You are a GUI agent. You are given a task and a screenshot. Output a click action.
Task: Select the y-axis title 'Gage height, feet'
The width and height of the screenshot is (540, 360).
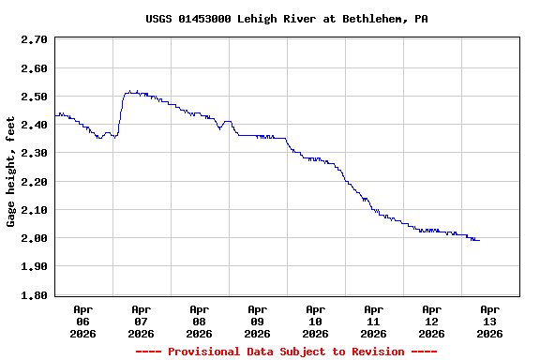[x=11, y=172]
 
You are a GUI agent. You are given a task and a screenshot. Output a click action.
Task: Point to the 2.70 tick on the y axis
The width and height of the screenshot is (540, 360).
[x=34, y=40]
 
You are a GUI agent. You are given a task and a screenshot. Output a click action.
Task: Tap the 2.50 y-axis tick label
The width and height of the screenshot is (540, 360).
[x=34, y=97]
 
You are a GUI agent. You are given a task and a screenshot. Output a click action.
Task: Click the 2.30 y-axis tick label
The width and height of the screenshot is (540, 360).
[x=34, y=153]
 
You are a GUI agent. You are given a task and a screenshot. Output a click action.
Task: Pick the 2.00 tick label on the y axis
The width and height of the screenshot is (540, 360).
[x=34, y=238]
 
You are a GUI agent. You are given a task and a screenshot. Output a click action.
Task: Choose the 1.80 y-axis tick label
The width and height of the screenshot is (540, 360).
[x=34, y=295]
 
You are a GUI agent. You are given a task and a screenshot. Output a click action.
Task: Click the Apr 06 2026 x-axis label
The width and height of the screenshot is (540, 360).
[x=82, y=321]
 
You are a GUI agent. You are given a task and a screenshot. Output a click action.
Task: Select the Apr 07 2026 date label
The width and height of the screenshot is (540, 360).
[x=141, y=321]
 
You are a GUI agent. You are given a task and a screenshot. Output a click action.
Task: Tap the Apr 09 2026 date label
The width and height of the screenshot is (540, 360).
[x=257, y=321]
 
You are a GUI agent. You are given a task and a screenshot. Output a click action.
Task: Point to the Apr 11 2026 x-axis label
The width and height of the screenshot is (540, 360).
[x=373, y=321]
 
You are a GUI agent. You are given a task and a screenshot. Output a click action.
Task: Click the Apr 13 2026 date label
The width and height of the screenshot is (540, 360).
[x=489, y=321]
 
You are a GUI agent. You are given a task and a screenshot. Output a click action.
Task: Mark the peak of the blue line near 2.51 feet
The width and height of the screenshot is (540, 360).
[x=131, y=92]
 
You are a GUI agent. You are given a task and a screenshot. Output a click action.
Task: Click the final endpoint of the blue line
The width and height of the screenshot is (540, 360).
[x=479, y=241]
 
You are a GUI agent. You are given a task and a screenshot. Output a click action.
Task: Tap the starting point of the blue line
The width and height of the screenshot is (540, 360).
[x=56, y=114]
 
